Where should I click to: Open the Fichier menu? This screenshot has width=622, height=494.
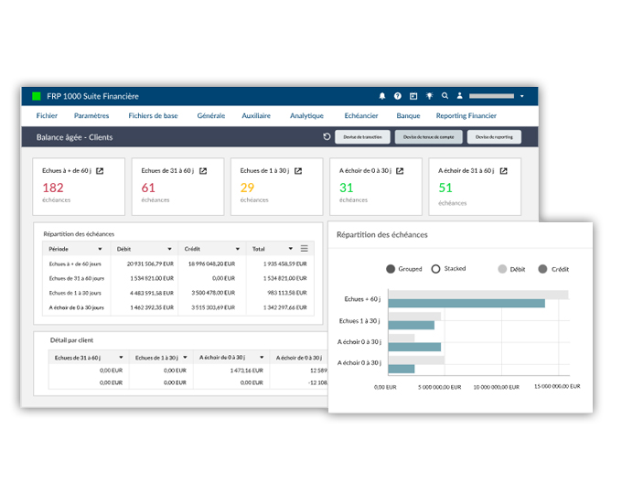tap(47, 116)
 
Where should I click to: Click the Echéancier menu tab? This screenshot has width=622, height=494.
tap(361, 116)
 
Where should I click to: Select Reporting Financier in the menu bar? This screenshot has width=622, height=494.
tap(466, 116)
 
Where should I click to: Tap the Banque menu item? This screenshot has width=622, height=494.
tap(408, 116)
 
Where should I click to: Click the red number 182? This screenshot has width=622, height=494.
tap(53, 188)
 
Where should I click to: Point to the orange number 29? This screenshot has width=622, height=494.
tap(247, 188)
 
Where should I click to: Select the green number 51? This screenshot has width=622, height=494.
tap(445, 188)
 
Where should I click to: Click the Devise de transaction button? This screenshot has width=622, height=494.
tap(359, 137)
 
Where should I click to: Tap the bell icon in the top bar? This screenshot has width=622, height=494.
tap(382, 96)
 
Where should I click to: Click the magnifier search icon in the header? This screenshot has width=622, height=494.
tap(445, 96)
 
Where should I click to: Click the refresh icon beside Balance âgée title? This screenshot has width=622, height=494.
tap(327, 137)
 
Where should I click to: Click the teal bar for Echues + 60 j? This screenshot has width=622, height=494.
tap(466, 303)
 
